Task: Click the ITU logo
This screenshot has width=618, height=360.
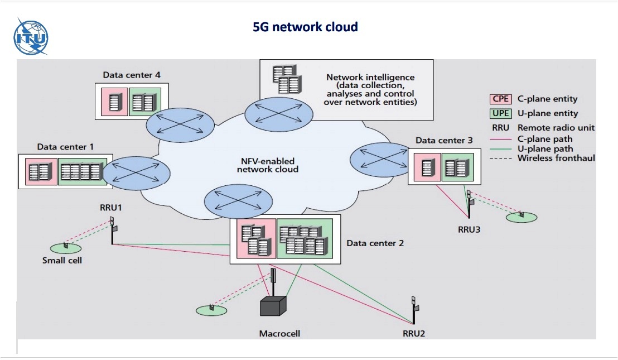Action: pyautogui.click(x=31, y=37)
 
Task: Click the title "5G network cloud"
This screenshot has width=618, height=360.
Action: pyautogui.click(x=305, y=26)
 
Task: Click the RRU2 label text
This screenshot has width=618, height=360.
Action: pyautogui.click(x=414, y=334)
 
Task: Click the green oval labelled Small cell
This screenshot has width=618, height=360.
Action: pyautogui.click(x=65, y=247)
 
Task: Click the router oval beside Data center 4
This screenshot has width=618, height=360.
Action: pyautogui.click(x=180, y=124)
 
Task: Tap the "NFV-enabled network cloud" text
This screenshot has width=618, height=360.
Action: pyautogui.click(x=267, y=165)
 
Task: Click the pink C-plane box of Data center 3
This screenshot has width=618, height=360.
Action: pyautogui.click(x=428, y=166)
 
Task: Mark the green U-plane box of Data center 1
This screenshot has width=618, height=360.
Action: pyautogui.click(x=81, y=171)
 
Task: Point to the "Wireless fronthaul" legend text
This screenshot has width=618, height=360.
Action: pyautogui.click(x=556, y=158)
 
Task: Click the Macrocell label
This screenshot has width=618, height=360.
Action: pyautogui.click(x=279, y=334)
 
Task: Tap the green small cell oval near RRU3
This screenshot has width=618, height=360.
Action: pyautogui.click(x=522, y=217)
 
